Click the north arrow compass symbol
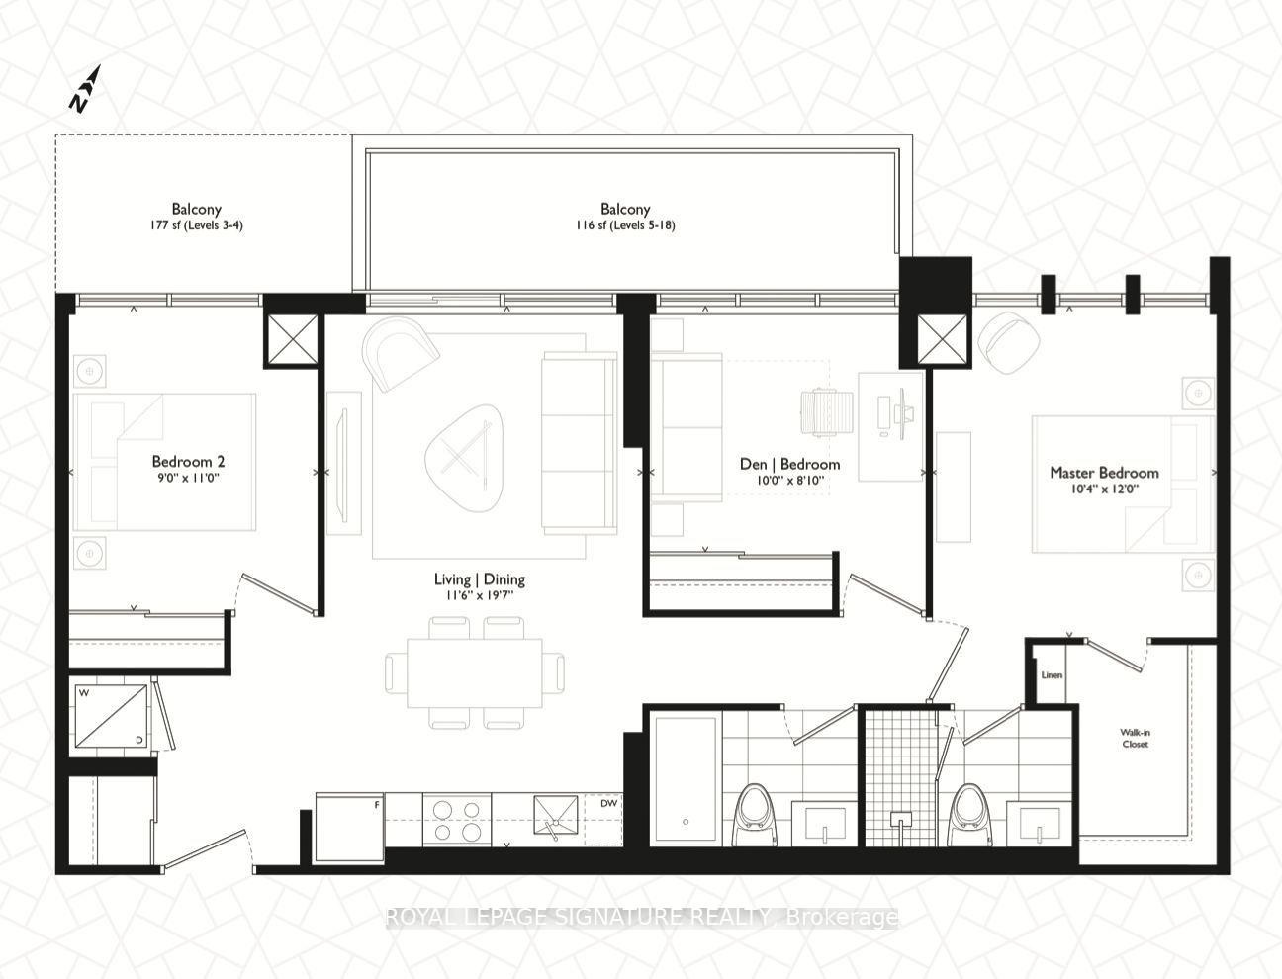[x=85, y=89]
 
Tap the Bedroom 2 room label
[x=188, y=461]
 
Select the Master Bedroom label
[x=1104, y=473]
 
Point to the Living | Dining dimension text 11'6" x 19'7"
[x=479, y=595]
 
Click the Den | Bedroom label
[x=789, y=464]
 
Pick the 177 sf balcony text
[x=196, y=225]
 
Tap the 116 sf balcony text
[x=625, y=225]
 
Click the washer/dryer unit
[x=112, y=716]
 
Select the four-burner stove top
[x=457, y=820]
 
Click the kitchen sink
[x=556, y=816]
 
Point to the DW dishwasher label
[x=608, y=803]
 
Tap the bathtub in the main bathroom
[x=686, y=780]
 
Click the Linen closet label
[x=1052, y=674]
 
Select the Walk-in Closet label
[x=1135, y=738]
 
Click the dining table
[x=474, y=673]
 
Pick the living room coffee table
[x=464, y=458]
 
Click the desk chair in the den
[x=826, y=412]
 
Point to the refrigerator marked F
[x=350, y=828]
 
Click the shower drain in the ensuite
[x=901, y=820]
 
